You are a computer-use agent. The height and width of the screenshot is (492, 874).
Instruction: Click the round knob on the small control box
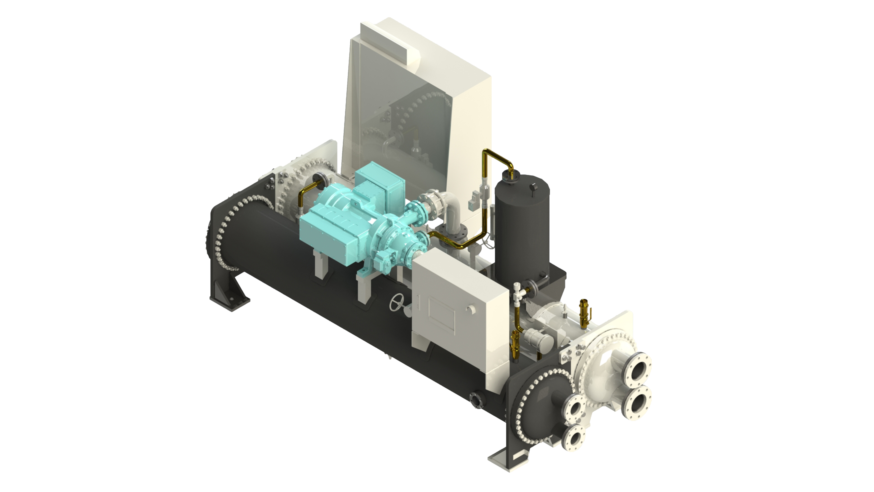(x=470, y=309)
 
